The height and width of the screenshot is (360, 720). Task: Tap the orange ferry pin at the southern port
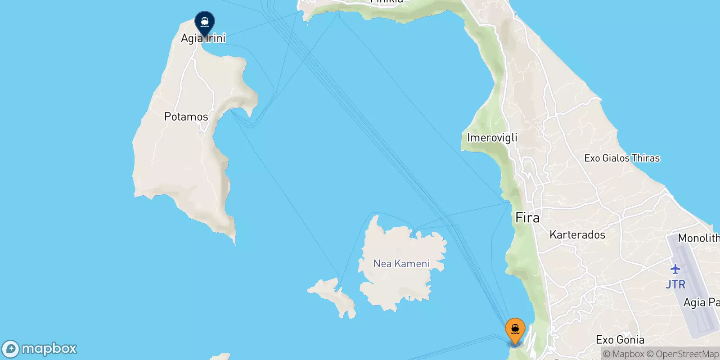(515, 330)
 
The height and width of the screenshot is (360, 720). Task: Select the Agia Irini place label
(203, 38)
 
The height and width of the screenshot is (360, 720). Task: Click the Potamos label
(186, 117)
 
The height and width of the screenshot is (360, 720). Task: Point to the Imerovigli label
(492, 138)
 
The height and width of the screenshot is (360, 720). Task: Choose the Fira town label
(527, 218)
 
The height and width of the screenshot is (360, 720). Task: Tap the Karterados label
(577, 235)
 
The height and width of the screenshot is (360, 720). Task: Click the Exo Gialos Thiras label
(621, 158)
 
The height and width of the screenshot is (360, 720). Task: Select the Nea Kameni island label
(401, 264)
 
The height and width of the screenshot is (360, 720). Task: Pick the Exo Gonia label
(620, 340)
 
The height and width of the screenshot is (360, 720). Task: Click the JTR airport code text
(675, 284)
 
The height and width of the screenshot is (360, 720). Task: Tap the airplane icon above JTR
(675, 270)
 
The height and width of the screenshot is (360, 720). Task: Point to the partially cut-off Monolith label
(698, 238)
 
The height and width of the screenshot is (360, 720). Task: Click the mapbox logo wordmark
(49, 349)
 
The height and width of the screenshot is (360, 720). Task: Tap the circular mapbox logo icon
(10, 349)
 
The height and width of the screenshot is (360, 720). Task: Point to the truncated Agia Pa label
(701, 302)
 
